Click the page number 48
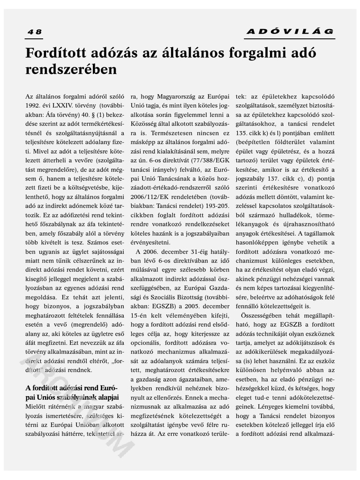pos(34,32)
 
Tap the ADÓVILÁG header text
pos(290,32)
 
